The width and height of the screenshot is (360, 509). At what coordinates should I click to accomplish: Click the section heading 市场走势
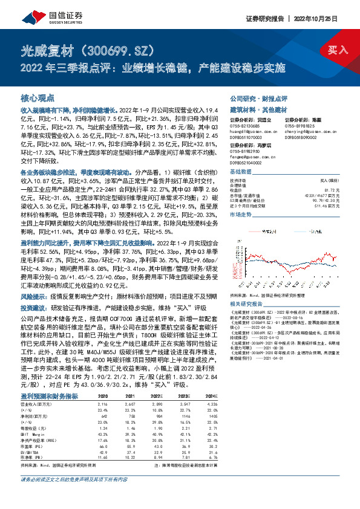(x=241, y=215)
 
